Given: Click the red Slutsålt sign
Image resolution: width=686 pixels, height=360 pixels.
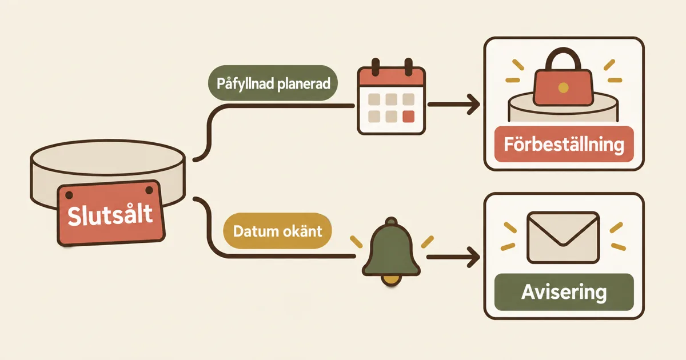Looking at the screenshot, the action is click(x=111, y=213).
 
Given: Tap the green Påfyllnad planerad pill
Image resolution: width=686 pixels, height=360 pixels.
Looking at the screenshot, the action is click(x=273, y=83).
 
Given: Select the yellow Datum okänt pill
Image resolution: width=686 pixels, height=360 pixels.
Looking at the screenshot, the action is click(x=277, y=231).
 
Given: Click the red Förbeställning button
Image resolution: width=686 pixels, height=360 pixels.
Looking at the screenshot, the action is click(x=564, y=144).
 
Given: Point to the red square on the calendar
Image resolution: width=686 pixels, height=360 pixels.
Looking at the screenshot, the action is click(x=408, y=117).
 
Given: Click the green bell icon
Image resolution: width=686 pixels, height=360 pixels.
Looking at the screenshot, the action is click(x=391, y=248).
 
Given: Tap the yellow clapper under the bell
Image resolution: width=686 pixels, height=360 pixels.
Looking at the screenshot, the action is click(x=391, y=280).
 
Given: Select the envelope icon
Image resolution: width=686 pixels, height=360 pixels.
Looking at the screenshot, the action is click(x=563, y=238).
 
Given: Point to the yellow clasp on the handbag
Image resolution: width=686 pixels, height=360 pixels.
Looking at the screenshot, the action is click(x=563, y=88).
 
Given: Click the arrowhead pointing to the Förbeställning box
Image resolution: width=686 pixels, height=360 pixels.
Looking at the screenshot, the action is click(x=473, y=105).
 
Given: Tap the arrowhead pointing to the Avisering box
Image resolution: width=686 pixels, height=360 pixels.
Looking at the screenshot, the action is click(x=473, y=258).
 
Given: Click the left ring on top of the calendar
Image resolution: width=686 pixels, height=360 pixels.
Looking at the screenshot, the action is click(x=375, y=67).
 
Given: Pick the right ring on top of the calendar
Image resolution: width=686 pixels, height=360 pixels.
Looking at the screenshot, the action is click(x=408, y=67).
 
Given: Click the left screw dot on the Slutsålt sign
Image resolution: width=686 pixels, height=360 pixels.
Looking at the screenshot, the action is click(x=69, y=195).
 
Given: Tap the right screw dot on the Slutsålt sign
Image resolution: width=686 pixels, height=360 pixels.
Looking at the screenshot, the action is click(x=149, y=190).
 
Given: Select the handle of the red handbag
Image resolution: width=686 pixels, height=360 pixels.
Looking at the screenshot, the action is click(x=563, y=58).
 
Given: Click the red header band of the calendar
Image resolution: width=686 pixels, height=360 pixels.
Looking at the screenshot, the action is click(x=392, y=77).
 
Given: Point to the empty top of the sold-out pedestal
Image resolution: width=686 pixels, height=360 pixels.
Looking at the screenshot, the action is click(x=108, y=157).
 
